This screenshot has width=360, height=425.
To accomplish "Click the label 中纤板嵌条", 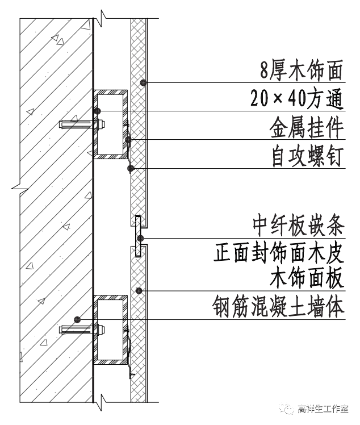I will (x=298, y=226).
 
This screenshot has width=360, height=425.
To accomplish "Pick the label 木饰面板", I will (x=306, y=280).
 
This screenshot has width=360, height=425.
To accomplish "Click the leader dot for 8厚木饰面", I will (x=144, y=83).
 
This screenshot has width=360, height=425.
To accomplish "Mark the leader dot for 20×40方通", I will (x=98, y=111).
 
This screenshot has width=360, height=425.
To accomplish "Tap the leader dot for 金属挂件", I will (x=129, y=140).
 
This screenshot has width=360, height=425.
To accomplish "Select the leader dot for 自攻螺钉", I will (x=131, y=168).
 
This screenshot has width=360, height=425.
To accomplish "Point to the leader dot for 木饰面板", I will (x=139, y=291).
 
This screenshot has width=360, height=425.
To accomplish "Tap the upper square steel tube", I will (x=110, y=123).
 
